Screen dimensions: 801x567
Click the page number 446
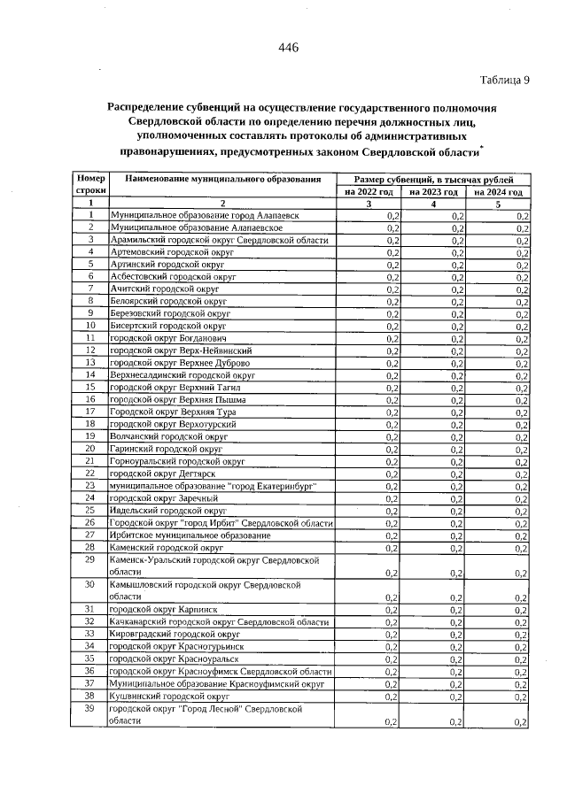click(287, 48)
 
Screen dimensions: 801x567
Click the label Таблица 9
click(504, 80)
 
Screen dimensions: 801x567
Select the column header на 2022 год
click(367, 191)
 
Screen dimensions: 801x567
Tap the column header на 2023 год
click(432, 191)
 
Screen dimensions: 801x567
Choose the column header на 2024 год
click(498, 191)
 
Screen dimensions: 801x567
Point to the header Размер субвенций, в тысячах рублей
click(432, 179)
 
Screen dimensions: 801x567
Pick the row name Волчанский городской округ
click(162, 436)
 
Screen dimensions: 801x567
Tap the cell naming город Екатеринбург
click(213, 486)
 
